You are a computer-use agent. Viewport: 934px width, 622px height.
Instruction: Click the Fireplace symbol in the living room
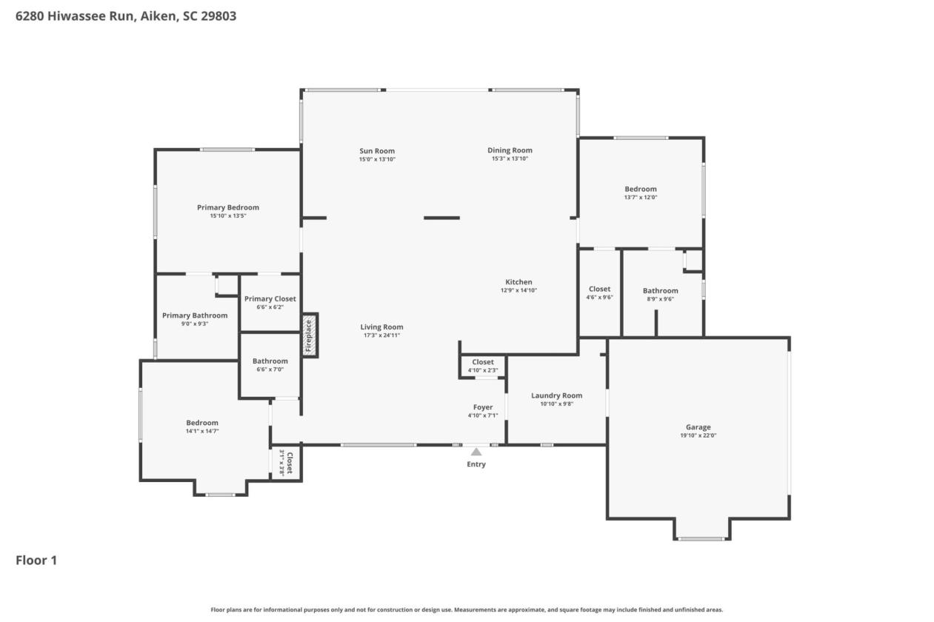[x=310, y=335]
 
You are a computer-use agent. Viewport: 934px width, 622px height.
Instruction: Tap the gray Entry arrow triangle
[x=476, y=452]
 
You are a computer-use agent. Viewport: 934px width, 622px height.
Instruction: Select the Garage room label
[x=698, y=427]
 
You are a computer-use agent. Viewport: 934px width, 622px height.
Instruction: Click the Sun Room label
[x=377, y=151]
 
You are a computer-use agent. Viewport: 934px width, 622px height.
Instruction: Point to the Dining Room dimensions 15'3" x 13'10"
[x=510, y=159]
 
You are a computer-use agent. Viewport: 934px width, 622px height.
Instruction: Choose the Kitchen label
[x=518, y=282]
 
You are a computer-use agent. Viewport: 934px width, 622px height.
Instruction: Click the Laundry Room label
[x=557, y=395]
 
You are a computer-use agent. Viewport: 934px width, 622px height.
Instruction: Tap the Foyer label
[x=483, y=407]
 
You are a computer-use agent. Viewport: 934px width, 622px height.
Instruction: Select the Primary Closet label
[x=270, y=298]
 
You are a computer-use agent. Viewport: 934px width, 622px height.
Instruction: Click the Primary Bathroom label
[x=195, y=315]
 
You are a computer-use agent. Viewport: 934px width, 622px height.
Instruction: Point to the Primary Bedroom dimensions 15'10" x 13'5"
[x=228, y=216]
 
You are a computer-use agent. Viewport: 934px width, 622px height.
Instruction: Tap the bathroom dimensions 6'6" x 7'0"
[x=270, y=369]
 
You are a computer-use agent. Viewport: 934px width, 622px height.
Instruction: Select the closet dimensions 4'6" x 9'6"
[x=600, y=298]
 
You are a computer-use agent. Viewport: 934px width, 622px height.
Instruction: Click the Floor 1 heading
[x=36, y=561]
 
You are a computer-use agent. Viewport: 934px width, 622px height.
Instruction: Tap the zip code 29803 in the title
[x=219, y=16]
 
